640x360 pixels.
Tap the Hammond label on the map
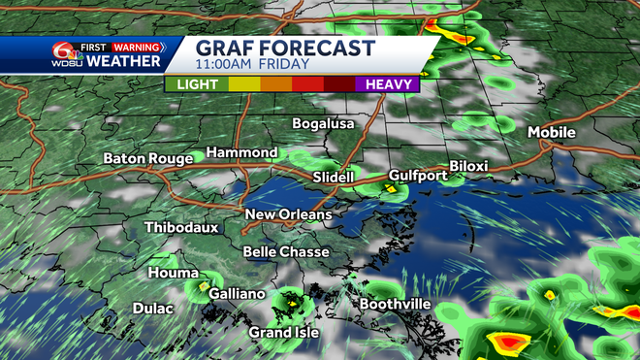click(240, 153)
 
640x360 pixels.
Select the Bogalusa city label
click(324, 124)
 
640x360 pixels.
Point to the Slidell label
click(335, 178)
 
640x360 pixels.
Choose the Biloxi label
click(468, 166)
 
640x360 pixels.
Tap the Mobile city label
click(551, 132)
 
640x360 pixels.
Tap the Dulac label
click(152, 309)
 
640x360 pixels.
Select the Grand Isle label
click(281, 333)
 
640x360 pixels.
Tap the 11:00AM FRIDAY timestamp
click(252, 65)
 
